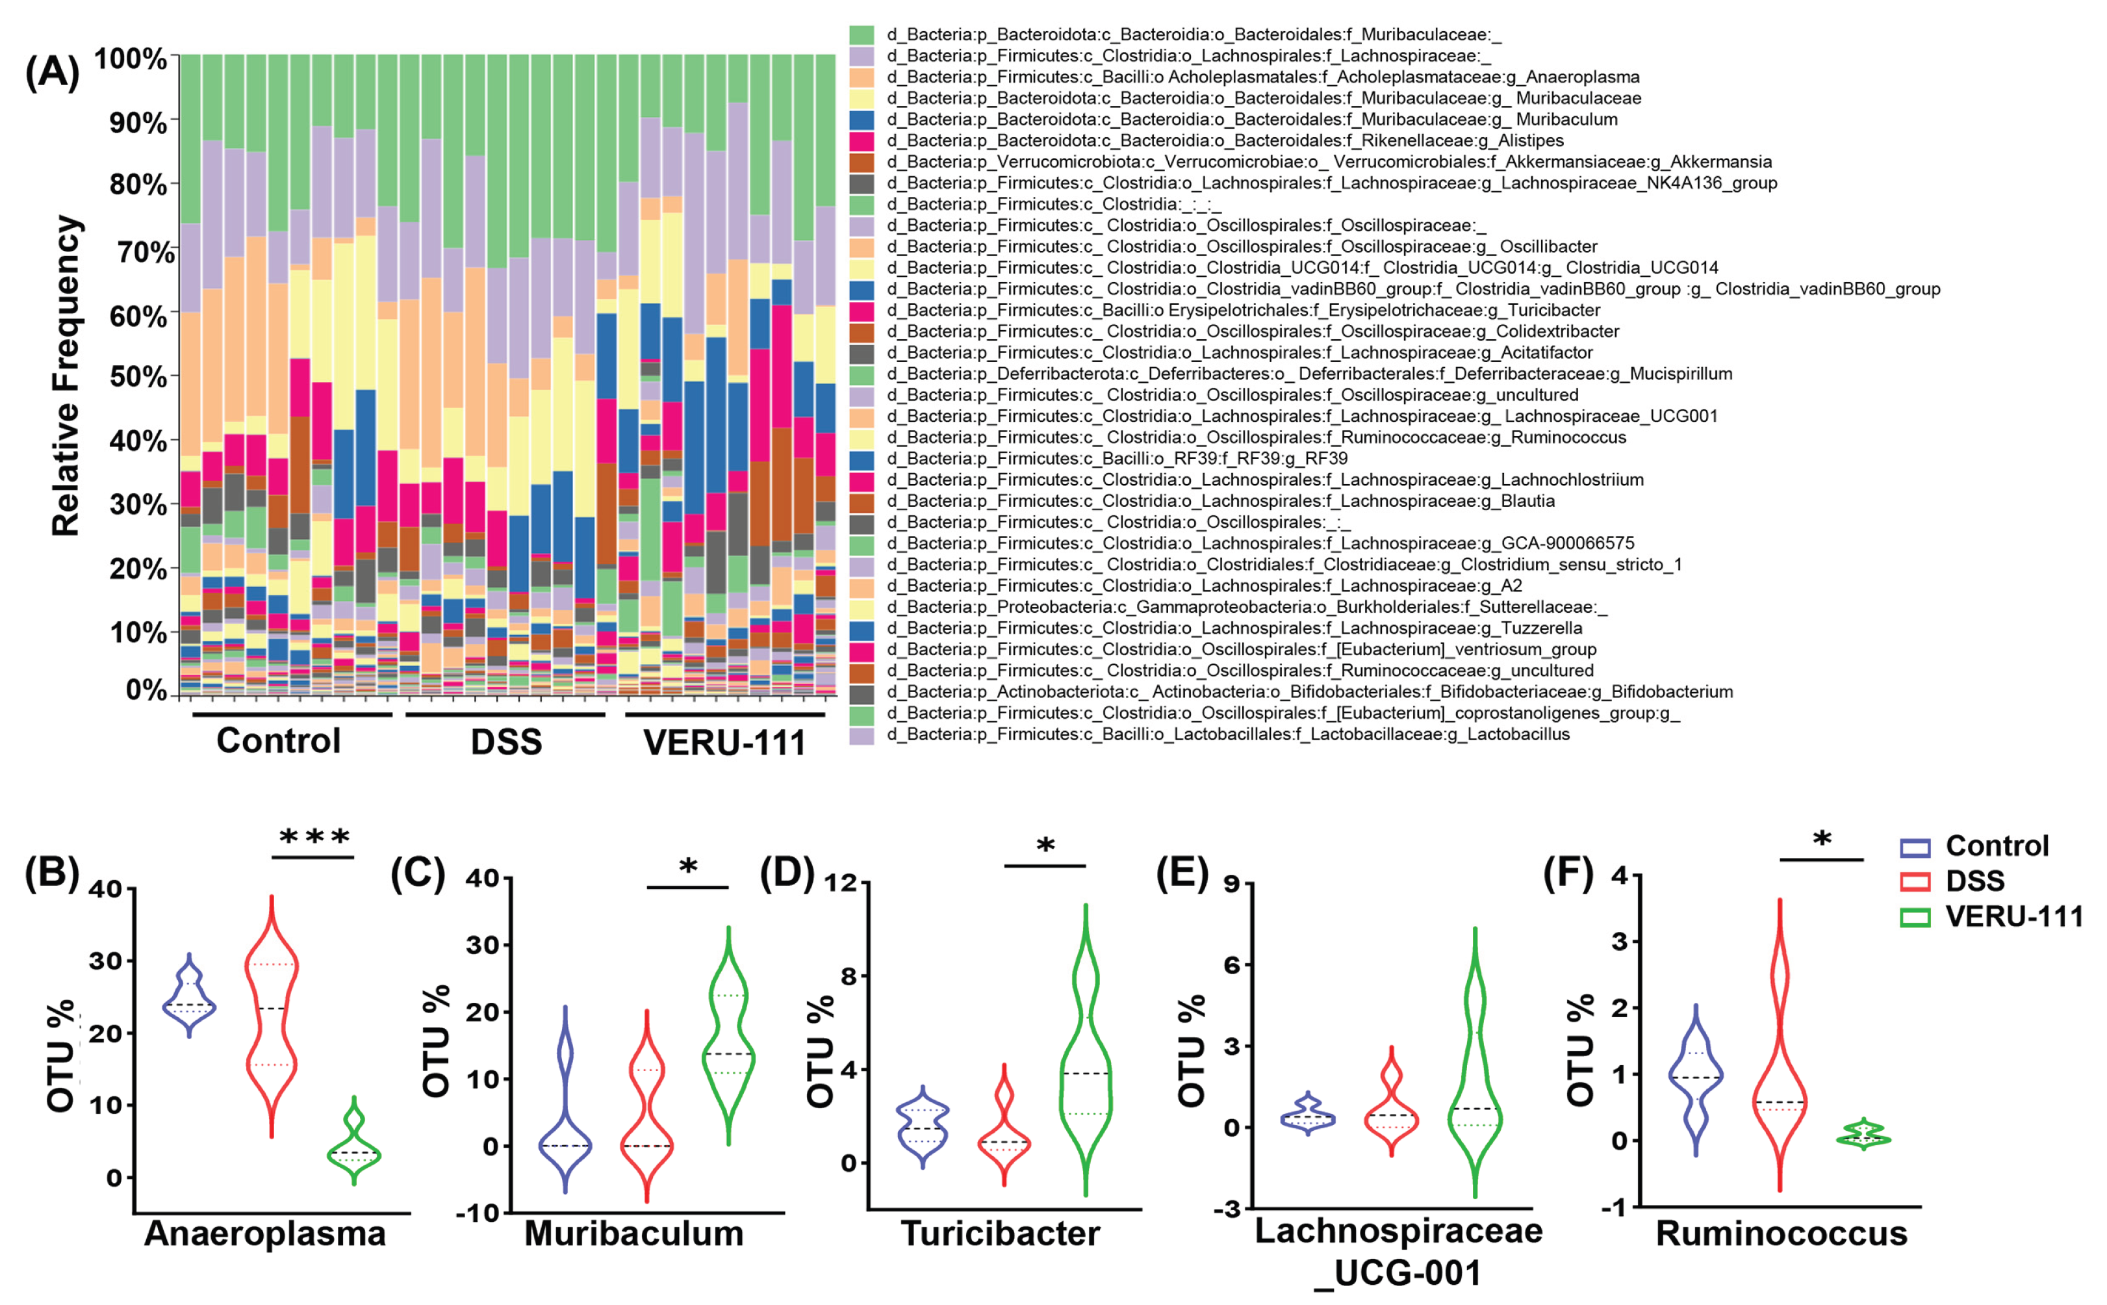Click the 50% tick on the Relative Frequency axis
[x=138, y=376]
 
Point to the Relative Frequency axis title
[x=66, y=376]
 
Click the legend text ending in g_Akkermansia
[x=1329, y=161]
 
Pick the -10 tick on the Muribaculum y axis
[x=481, y=1213]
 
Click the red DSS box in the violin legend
[x=1915, y=881]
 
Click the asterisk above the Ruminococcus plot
[x=1821, y=840]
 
